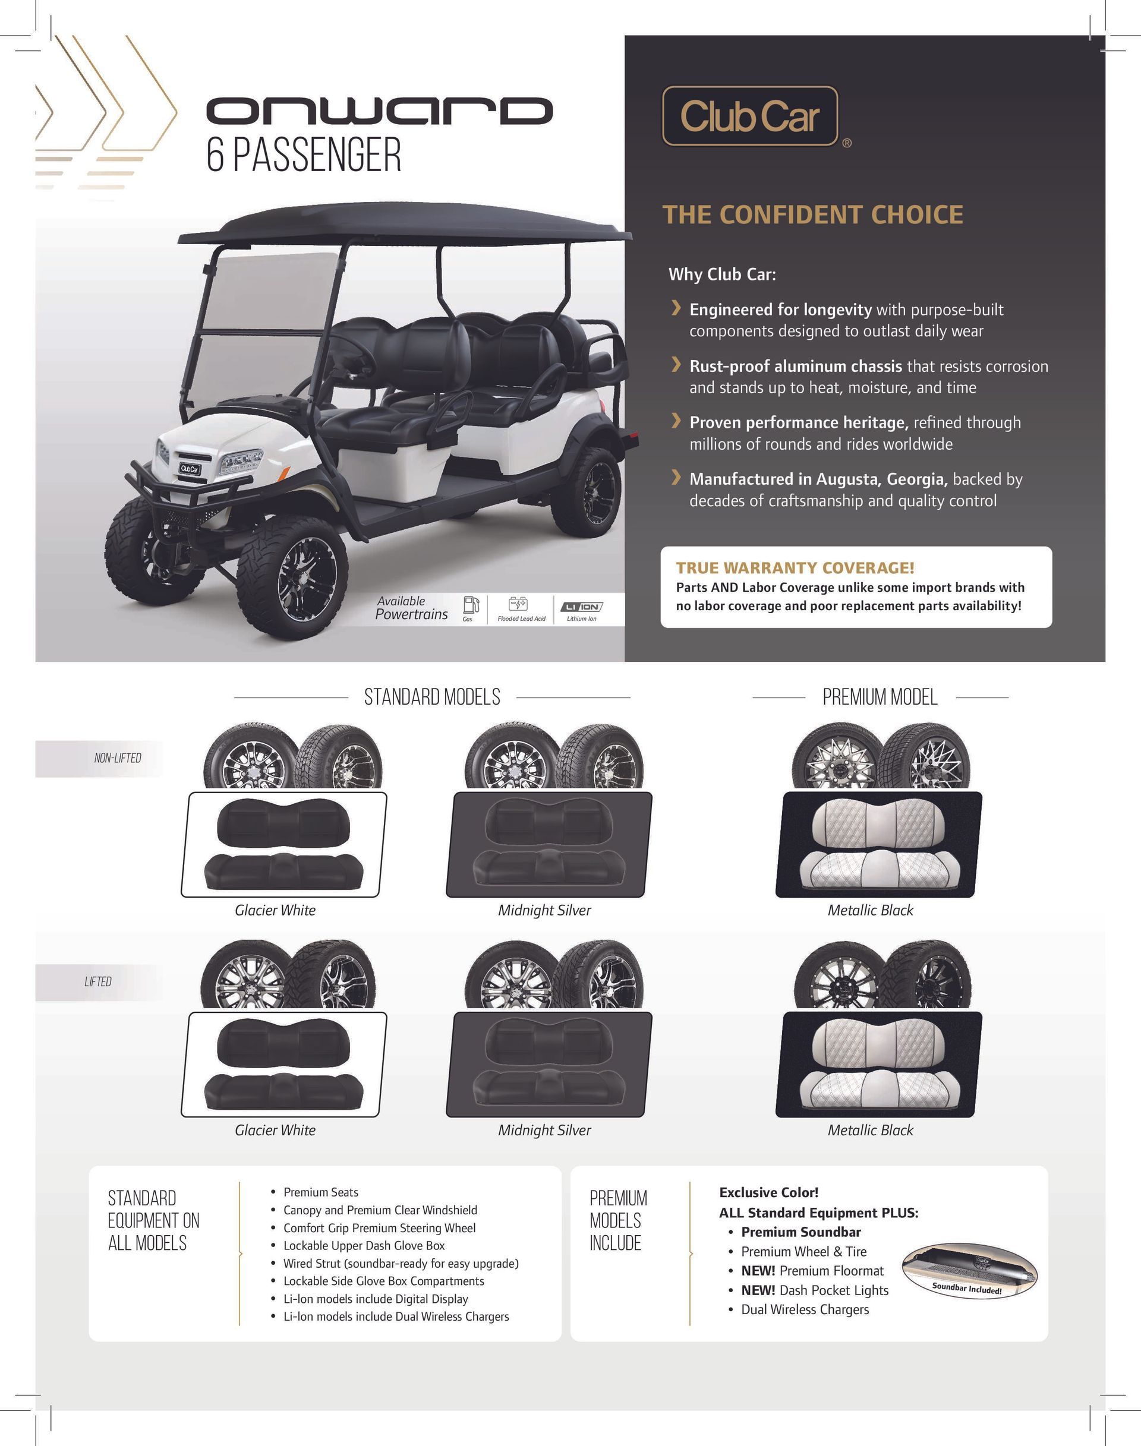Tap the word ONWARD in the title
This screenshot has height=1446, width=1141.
tap(379, 110)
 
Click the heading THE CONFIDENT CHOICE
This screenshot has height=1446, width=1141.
tap(812, 214)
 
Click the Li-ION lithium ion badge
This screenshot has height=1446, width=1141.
tap(581, 607)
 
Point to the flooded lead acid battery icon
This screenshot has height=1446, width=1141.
tap(518, 604)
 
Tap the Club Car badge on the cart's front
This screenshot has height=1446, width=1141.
tap(189, 469)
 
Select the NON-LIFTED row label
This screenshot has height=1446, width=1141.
tap(118, 758)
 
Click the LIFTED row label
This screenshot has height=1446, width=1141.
tap(97, 981)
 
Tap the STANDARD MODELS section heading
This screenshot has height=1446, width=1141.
tap(431, 697)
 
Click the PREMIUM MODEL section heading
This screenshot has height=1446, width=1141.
tap(880, 697)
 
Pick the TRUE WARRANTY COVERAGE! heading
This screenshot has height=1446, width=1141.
tap(795, 568)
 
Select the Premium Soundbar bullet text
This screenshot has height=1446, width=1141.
tap(800, 1232)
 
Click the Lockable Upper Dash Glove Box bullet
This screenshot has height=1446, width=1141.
tap(364, 1245)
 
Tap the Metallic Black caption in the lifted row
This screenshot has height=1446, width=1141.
tap(870, 1129)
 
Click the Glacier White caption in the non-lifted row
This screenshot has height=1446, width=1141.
tap(275, 910)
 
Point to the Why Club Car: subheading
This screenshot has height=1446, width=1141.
tap(722, 274)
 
